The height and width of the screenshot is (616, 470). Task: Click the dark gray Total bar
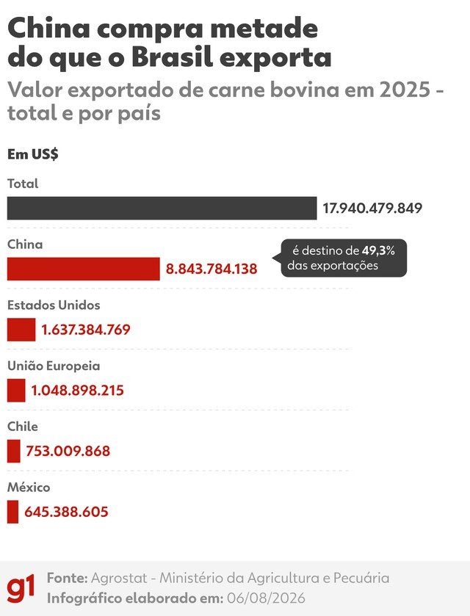162,208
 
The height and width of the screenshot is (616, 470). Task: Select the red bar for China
83,269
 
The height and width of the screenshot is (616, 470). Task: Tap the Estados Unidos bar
21,329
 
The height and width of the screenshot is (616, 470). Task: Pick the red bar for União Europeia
16,390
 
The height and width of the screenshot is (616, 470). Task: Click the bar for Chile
13,451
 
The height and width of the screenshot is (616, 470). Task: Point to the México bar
12,512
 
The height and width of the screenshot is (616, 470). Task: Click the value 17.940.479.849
372,208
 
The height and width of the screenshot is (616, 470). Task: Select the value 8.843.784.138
211,269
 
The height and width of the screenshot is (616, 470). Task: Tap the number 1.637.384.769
86,329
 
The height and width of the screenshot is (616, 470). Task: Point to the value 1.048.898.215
77,390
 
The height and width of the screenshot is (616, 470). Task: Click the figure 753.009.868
68,451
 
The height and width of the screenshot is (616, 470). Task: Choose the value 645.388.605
66,512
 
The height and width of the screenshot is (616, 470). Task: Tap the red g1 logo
21,587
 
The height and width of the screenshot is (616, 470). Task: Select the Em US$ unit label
32,154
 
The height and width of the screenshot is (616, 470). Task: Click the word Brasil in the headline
173,57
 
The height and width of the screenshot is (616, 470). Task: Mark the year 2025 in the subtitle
405,90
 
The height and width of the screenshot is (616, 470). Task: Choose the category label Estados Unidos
54,305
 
